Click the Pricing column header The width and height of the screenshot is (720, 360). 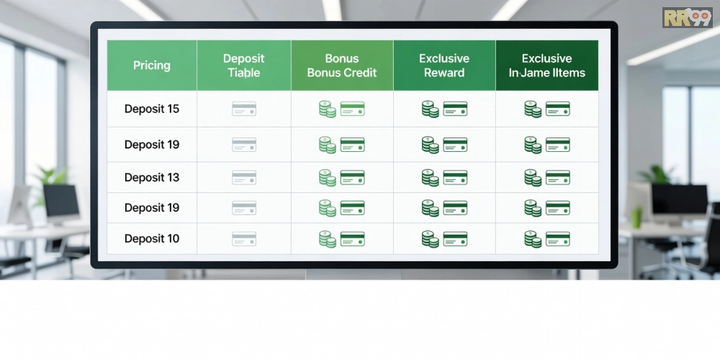tap(151, 66)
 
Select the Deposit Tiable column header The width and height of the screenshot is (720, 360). tap(244, 66)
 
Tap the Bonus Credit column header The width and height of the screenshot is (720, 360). tap(341, 66)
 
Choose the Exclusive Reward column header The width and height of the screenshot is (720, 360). tap(444, 66)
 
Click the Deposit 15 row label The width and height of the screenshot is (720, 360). tap(151, 109)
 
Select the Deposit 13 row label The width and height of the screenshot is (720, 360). tap(151, 177)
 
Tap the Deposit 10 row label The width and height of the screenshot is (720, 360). tap(151, 239)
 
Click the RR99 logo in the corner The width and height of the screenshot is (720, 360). tap(688, 17)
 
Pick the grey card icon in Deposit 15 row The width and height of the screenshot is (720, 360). tap(244, 109)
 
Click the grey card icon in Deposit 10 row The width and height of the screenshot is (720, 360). tap(244, 239)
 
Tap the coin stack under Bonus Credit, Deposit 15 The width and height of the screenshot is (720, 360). tap(328, 109)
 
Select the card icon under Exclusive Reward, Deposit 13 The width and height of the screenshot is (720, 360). tap(455, 178)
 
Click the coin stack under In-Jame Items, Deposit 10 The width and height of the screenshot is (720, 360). tap(533, 239)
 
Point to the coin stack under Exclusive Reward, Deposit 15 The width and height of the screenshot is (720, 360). tap(431, 109)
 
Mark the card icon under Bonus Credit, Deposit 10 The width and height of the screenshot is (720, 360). tap(353, 239)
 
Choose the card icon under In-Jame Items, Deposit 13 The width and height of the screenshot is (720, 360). tap(558, 178)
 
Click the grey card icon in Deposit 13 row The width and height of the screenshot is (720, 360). tap(244, 178)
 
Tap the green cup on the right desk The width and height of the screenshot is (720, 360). tap(636, 217)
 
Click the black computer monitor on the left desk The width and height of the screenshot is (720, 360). tap(61, 202)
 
